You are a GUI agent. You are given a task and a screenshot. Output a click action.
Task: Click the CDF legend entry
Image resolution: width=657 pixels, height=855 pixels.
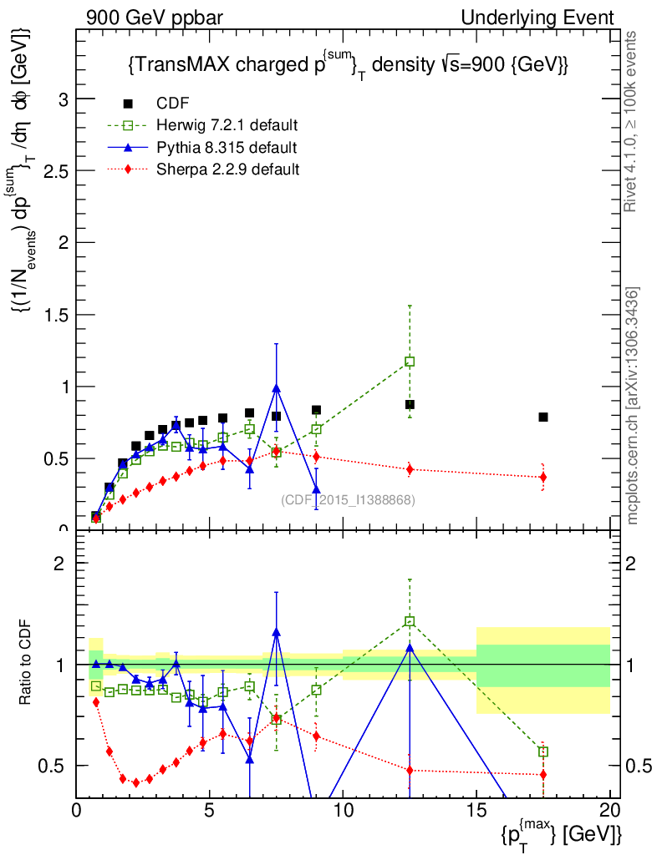[173, 104]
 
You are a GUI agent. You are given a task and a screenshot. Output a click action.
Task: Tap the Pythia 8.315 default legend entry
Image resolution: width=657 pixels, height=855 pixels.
[227, 149]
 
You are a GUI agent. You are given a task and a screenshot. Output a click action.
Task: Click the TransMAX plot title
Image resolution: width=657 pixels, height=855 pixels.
[348, 65]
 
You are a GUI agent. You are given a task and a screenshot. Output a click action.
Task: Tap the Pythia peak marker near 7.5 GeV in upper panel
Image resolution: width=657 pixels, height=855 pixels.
[276, 388]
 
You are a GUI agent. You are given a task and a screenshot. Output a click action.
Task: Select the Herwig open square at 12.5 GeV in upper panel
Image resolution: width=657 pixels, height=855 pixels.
[410, 362]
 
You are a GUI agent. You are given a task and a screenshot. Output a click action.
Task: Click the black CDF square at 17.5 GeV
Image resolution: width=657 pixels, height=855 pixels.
[543, 417]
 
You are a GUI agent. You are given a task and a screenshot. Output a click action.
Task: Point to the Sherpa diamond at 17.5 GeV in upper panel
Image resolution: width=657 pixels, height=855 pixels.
[543, 478]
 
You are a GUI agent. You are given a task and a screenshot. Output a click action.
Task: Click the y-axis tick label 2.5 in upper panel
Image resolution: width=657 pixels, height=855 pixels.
[56, 171]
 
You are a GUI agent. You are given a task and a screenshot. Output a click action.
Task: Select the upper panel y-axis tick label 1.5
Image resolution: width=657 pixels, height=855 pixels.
[56, 315]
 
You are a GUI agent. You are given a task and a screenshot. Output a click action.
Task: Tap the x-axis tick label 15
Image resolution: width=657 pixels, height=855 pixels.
[476, 811]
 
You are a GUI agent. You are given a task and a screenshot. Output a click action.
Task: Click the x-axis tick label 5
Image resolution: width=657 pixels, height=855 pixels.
[210, 811]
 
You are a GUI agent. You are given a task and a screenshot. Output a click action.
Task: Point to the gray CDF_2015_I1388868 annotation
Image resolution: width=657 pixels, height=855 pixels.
[348, 500]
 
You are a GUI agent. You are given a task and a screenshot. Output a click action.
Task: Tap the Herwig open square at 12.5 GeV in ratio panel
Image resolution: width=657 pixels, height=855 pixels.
[410, 621]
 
